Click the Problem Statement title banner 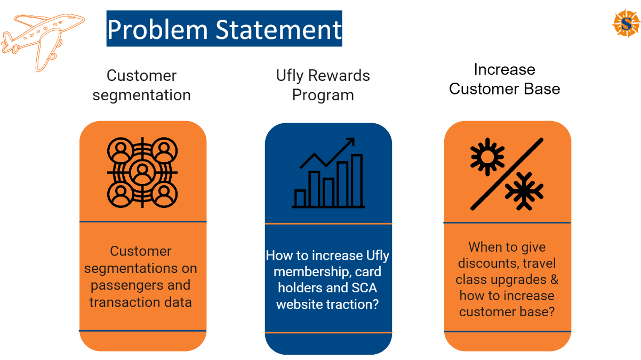[x=224, y=29]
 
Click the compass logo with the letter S [x=626, y=24]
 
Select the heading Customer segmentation [x=141, y=85]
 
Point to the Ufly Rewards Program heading [x=323, y=85]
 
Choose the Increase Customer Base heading [x=504, y=79]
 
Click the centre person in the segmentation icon [x=142, y=172]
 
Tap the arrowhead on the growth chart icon [x=349, y=142]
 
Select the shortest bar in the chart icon [x=300, y=198]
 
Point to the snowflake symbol [x=524, y=190]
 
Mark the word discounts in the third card [x=487, y=263]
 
